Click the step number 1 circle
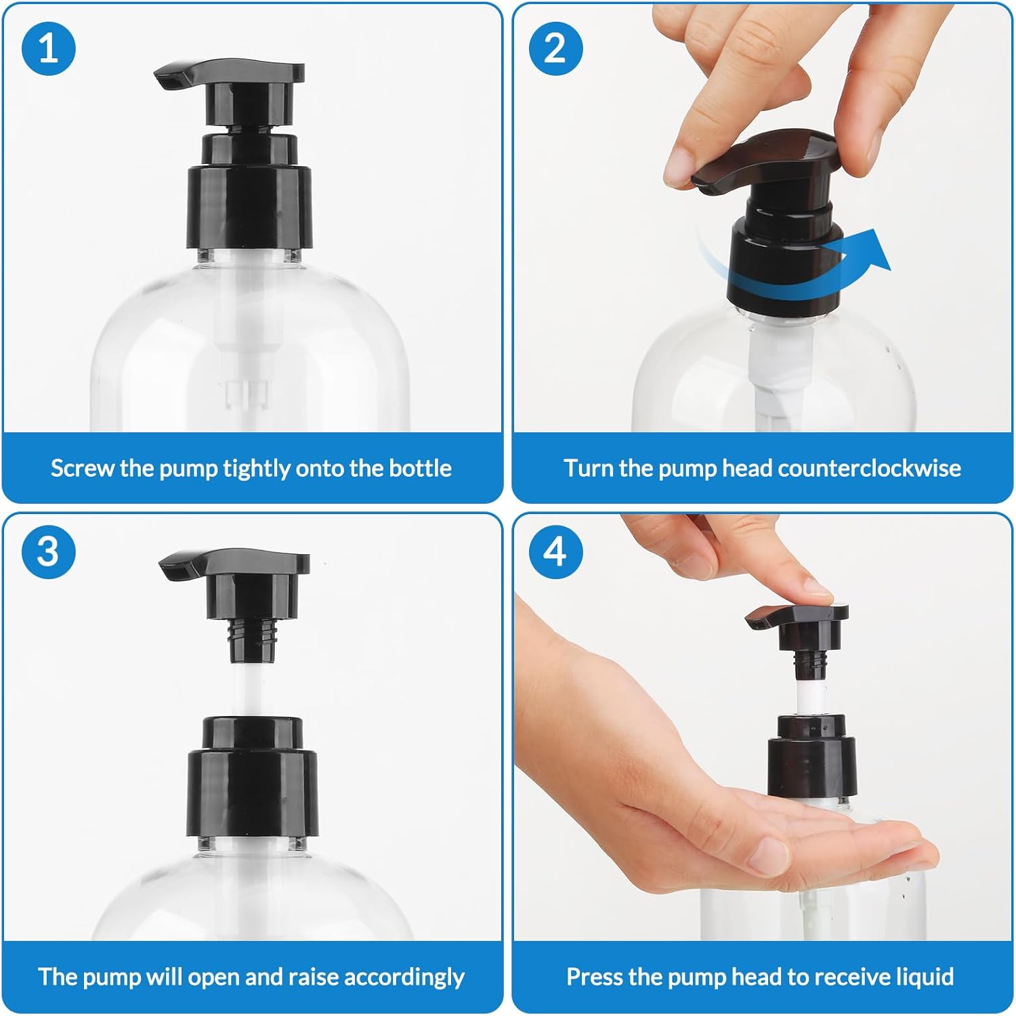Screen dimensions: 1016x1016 point(49,49)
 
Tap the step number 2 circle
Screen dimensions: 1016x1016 point(555,49)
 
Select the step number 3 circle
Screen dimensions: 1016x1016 point(49,551)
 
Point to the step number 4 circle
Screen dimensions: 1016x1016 point(555,551)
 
